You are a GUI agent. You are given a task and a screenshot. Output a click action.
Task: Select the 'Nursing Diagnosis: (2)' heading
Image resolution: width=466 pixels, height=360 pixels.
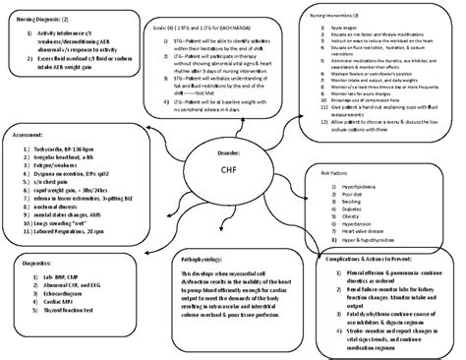(x=47, y=19)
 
